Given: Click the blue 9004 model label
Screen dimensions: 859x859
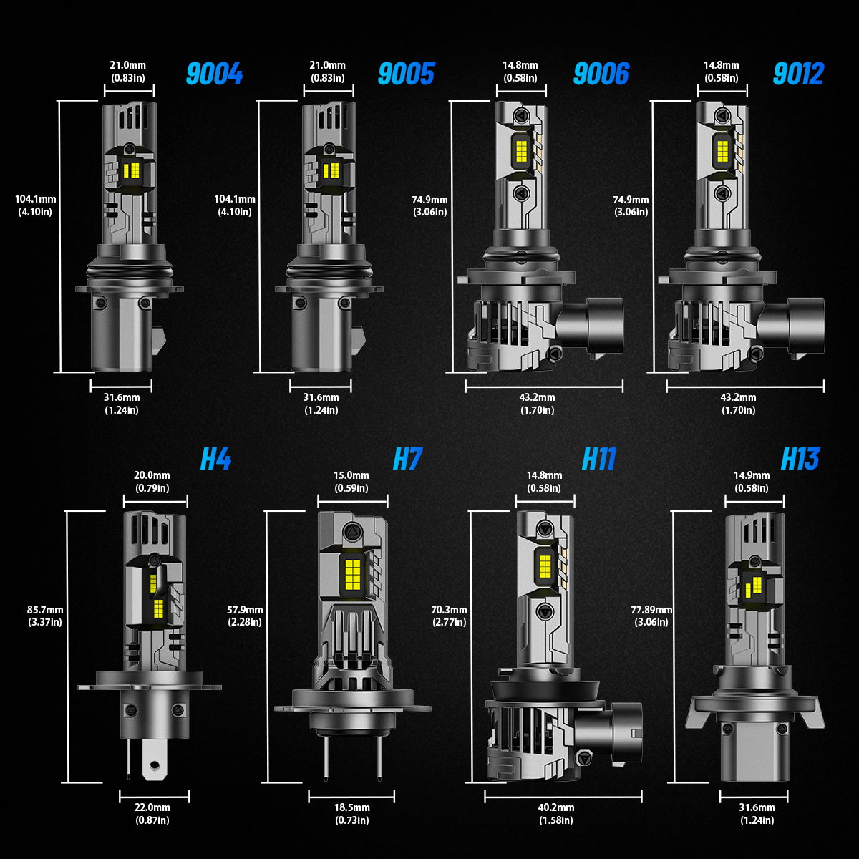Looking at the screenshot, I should click(214, 74).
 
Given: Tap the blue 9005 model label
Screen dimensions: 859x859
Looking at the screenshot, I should click(406, 74).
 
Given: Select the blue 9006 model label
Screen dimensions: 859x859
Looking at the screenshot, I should click(601, 74).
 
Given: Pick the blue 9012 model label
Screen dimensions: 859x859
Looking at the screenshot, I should click(798, 74).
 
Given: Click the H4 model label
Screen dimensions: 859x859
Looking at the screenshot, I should click(215, 460).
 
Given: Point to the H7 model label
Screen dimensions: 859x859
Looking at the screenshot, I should click(407, 460).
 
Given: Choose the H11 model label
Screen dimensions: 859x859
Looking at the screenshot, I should click(598, 460).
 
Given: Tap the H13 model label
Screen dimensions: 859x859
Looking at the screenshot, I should click(800, 460).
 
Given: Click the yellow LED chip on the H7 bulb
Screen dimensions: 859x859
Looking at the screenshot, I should click(353, 571).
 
